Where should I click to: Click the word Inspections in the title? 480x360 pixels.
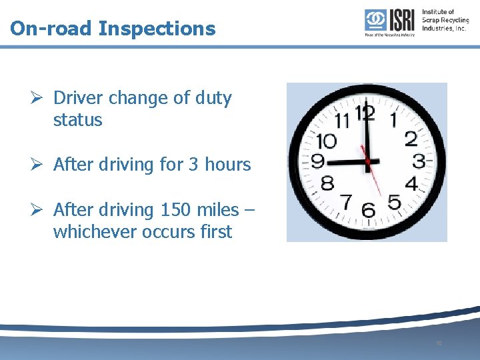[x=157, y=29]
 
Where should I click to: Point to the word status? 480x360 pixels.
[x=78, y=120]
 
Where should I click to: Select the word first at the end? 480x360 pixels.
[x=213, y=232]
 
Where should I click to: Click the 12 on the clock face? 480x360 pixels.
[x=365, y=113]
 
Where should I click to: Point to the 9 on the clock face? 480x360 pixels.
[x=318, y=162]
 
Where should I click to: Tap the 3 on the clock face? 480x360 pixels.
[x=419, y=161]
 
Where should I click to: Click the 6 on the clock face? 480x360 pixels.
[x=367, y=210]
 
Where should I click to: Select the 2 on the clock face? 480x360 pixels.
[x=411, y=138]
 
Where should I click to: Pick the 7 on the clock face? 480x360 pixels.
[x=346, y=201]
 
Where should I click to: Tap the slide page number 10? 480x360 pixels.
[x=438, y=343]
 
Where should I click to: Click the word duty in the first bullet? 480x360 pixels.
[x=213, y=98]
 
